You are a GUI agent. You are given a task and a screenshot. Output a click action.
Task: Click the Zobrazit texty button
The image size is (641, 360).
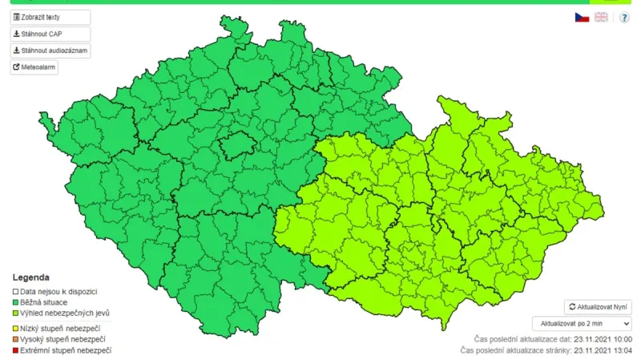coord(50,17)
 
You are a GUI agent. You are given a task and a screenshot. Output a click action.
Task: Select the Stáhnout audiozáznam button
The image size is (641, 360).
coord(50,51)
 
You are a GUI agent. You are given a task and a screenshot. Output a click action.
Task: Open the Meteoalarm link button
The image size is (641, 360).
coord(34,67)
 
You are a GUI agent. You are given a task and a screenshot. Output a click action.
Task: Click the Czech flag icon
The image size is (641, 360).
coord(582,17)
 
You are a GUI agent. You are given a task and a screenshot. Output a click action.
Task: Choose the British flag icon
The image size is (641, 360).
coord(601,17)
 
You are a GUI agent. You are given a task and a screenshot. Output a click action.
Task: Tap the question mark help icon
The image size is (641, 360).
coord(624,17)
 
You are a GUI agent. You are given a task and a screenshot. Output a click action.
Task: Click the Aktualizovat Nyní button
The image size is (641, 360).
coord(598,307)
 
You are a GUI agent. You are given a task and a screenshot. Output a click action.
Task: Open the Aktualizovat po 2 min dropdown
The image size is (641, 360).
coord(582,323)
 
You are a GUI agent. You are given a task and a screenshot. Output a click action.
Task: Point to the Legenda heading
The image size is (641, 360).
coord(30,277)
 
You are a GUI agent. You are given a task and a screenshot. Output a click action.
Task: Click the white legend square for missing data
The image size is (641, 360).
coord(14,292)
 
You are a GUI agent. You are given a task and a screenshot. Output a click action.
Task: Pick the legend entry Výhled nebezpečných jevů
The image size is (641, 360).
coord(65,313)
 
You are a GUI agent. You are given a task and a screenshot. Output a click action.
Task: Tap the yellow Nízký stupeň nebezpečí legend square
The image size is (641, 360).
coord(14,329)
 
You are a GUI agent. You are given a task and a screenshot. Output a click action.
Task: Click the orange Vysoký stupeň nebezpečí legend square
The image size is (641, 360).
coord(14,340)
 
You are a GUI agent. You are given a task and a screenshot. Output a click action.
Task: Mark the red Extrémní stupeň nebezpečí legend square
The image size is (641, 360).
coord(14,350)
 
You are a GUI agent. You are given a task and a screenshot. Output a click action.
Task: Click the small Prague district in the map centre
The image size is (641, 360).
coord(238,145)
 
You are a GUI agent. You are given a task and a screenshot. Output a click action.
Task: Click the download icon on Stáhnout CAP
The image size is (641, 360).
coord(16,34)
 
